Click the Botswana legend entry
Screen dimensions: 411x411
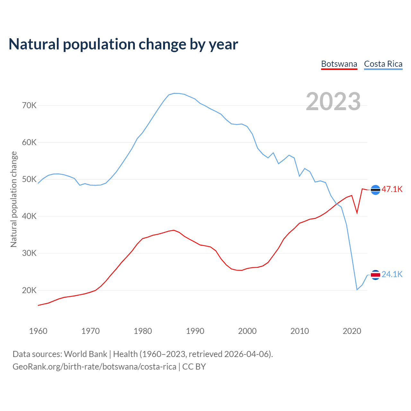[339, 64]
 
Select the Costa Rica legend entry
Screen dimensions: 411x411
[383, 64]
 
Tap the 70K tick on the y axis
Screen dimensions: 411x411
[30, 105]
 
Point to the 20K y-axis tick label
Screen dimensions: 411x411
[30, 290]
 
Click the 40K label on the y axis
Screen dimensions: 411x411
[30, 216]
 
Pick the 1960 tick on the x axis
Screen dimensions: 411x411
[38, 331]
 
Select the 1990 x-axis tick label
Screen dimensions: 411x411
[195, 331]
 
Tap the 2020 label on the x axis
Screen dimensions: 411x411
[352, 331]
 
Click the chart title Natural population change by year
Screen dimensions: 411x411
[123, 44]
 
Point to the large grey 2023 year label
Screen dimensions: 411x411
[333, 101]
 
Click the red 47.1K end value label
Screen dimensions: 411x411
[392, 189]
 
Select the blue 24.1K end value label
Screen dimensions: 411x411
[392, 275]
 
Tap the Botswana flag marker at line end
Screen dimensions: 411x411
[375, 190]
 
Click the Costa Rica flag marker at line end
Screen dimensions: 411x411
[375, 275]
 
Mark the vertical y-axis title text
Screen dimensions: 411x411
[13, 199]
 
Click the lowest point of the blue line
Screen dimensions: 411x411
[357, 290]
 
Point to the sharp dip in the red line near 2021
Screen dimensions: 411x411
[357, 213]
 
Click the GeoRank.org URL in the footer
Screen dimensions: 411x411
[94, 367]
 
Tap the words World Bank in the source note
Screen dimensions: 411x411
[85, 354]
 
